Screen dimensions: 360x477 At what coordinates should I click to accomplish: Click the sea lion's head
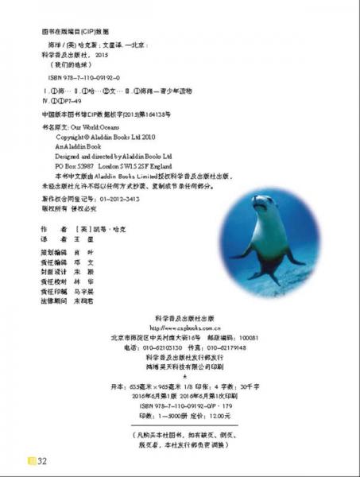260,203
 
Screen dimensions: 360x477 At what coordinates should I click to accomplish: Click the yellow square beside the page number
31,460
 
